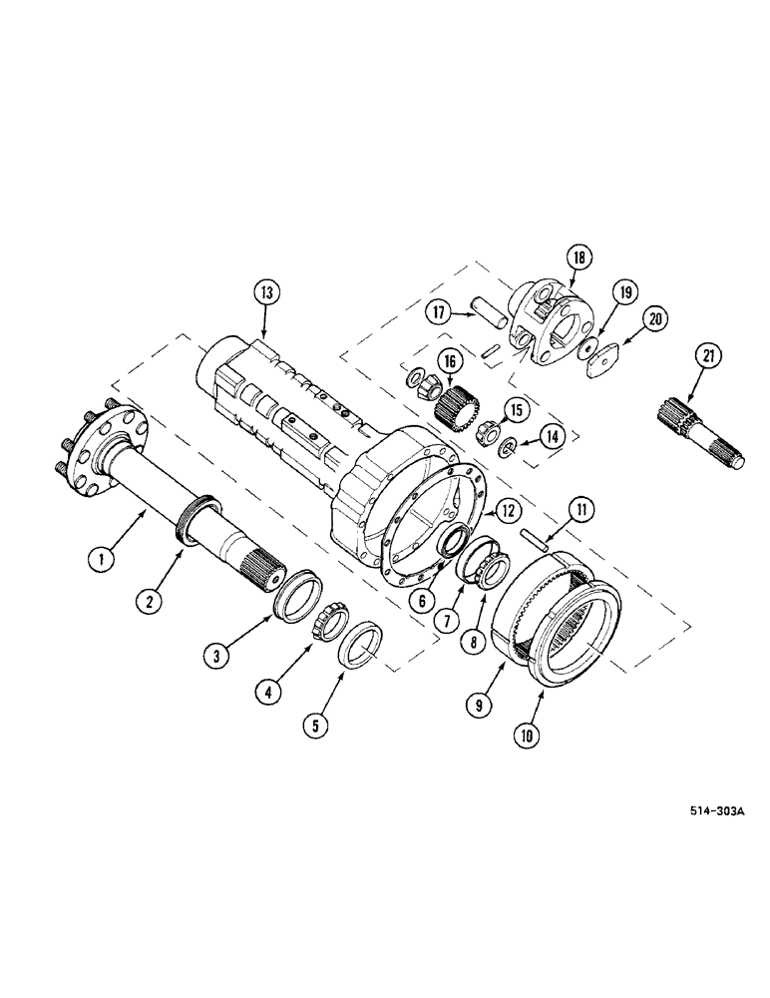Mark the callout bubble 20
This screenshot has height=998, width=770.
(653, 318)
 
